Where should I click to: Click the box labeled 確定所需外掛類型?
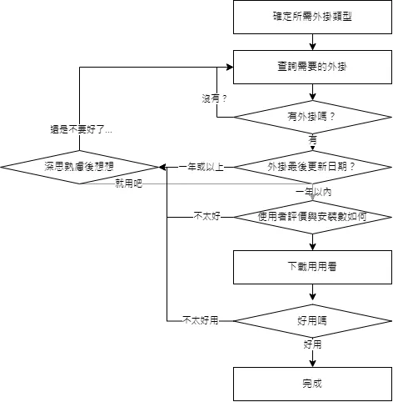tap(312, 17)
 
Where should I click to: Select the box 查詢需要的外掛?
tap(312, 67)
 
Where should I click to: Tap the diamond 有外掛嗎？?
tap(312, 117)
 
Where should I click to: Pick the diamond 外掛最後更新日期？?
tap(312, 167)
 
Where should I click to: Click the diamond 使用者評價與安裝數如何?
tap(312, 217)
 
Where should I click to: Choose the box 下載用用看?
tap(312, 267)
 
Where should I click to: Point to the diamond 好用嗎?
tap(312, 321)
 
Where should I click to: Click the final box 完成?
tap(312, 384)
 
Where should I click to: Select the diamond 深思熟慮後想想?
tap(79, 167)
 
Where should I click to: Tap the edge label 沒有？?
tap(214, 98)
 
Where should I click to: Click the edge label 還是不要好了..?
tap(81, 129)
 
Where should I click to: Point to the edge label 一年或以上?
tap(201, 167)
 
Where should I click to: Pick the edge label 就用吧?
tap(129, 183)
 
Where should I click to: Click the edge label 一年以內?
tap(314, 192)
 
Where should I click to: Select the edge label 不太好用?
tap(201, 320)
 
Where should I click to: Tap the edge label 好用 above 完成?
tap(312, 344)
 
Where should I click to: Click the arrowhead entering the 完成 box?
tap(312, 364)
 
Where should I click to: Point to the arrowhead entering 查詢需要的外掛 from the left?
tap(230, 67)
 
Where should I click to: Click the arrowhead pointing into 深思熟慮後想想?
tap(162, 167)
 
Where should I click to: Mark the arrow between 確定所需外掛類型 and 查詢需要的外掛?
tap(312, 43)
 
